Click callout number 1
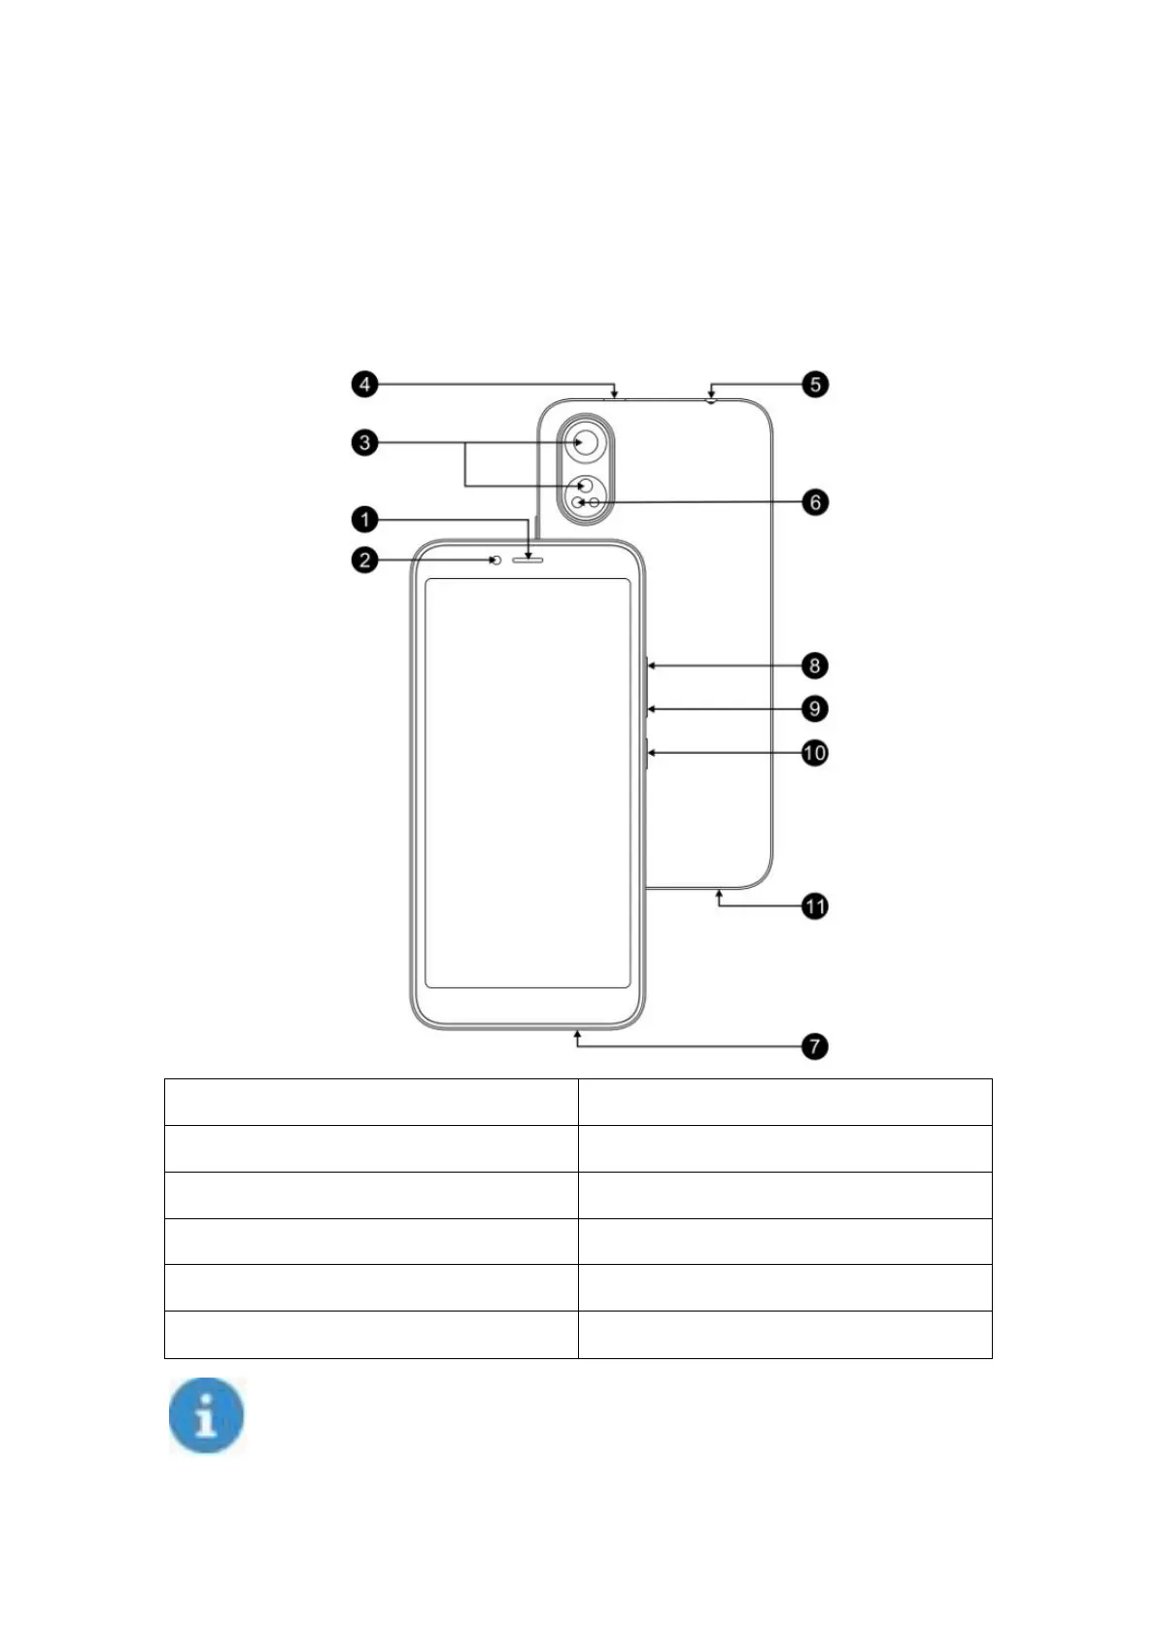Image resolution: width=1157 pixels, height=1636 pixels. point(364,520)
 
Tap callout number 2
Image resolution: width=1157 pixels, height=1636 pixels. point(364,560)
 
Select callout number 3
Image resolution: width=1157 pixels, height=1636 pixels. point(364,443)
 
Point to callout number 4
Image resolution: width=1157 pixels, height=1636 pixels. point(364,384)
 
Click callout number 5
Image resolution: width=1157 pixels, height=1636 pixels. point(815,384)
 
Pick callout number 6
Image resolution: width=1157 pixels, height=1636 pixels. point(815,502)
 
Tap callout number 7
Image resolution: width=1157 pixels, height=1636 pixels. point(815,1046)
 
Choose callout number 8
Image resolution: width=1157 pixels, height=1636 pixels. point(815,665)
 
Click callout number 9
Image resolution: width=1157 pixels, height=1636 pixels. point(815,708)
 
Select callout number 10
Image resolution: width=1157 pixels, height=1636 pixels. point(815,752)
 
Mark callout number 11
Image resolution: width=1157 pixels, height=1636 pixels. point(815,906)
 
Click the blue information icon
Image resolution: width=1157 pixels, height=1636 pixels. point(206,1416)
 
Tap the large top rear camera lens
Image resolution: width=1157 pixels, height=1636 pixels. point(585,443)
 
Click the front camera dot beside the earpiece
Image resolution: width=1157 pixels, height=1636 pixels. point(496,561)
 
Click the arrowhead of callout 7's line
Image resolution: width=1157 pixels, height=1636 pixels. point(578,1036)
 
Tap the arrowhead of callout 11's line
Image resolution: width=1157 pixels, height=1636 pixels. point(719,893)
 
